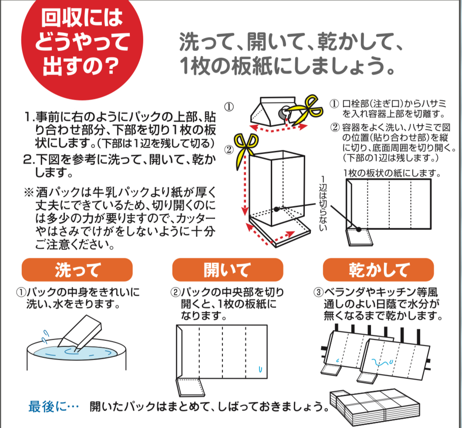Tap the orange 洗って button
click(x=77, y=270)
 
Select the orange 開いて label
click(x=228, y=270)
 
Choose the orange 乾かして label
click(x=378, y=270)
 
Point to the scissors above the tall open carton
click(x=246, y=150)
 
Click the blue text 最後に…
click(x=53, y=407)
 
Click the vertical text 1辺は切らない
click(x=323, y=203)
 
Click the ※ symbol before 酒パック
click(x=29, y=192)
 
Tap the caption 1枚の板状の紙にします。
click(x=392, y=173)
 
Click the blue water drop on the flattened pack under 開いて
click(x=260, y=369)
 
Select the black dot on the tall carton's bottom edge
click(x=276, y=209)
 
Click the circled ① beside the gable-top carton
click(x=229, y=107)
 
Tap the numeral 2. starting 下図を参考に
click(x=29, y=160)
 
